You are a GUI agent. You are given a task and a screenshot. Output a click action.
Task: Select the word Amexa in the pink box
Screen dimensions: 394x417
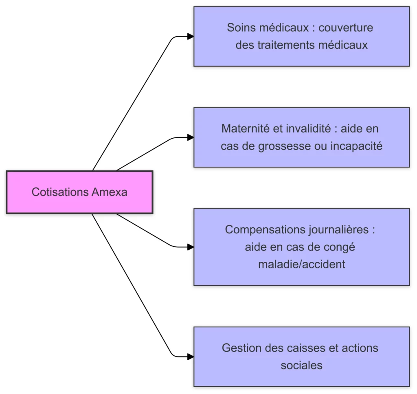pyautogui.click(x=110, y=192)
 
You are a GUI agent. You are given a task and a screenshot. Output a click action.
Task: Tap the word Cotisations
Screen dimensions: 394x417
pyautogui.click(x=60, y=192)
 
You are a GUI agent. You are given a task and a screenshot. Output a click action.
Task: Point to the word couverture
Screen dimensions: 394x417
pyautogui.click(x=346, y=28)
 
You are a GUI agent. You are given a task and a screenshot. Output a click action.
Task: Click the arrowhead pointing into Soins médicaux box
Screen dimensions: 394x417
pyautogui.click(x=190, y=37)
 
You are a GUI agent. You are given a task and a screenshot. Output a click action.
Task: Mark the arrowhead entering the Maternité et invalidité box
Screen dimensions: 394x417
pyautogui.click(x=190, y=137)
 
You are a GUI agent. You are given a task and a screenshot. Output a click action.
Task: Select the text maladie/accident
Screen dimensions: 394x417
pyautogui.click(x=301, y=264)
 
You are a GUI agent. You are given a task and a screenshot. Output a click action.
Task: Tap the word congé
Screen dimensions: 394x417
pyautogui.click(x=340, y=247)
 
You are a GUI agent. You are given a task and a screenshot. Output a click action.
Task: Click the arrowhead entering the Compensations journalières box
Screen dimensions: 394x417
pyautogui.click(x=190, y=247)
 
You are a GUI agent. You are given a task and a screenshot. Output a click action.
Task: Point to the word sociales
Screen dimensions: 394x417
pyautogui.click(x=301, y=365)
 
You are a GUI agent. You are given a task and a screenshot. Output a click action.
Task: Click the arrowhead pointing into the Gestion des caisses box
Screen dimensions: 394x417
pyautogui.click(x=190, y=357)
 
